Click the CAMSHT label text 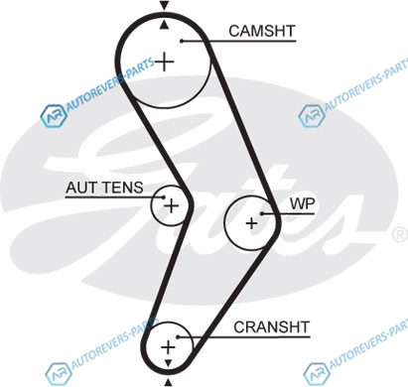[261, 31]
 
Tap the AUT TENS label [104, 188]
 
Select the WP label [303, 203]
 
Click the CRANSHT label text [271, 327]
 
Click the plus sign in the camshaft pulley [165, 62]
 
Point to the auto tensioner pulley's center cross [172, 206]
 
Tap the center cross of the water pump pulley [252, 223]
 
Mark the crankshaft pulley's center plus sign [168, 347]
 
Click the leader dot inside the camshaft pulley [182, 41]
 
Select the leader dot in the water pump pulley [262, 213]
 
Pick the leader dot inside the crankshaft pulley [178, 337]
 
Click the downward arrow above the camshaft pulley [164, 5]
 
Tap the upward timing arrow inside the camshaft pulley [164, 25]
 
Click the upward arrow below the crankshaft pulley [169, 382]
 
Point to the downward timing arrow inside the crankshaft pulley [169, 363]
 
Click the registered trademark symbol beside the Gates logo [400, 234]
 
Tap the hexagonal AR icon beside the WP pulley [312, 115]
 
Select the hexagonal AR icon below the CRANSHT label [317, 373]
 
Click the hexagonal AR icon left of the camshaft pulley [54, 116]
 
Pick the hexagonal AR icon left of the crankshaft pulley [59, 374]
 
